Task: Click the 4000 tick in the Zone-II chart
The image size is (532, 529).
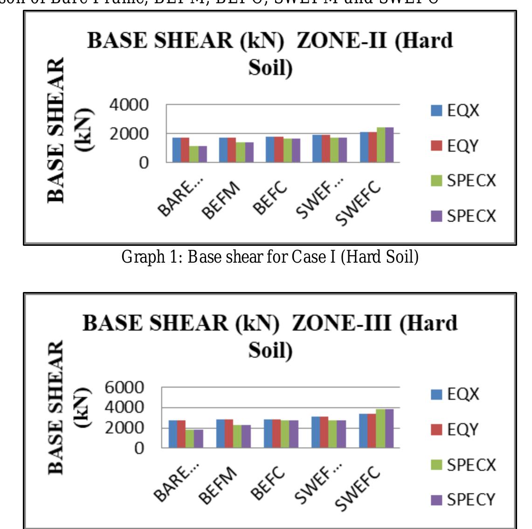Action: [x=128, y=105]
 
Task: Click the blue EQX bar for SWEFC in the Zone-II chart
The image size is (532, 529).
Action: [x=364, y=147]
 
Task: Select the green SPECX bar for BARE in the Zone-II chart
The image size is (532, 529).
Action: [x=193, y=154]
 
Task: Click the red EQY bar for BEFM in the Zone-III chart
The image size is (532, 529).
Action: [x=228, y=433]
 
